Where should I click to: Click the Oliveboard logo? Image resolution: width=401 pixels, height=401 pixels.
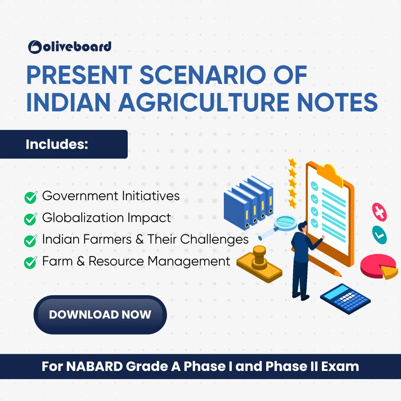[x=69, y=46]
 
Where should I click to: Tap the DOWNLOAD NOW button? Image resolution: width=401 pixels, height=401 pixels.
[x=100, y=314]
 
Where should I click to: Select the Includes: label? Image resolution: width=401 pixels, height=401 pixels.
[x=57, y=144]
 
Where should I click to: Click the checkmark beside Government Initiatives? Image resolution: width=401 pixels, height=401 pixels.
[x=31, y=197]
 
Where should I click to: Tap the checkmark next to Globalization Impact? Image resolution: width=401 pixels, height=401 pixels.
[x=31, y=219]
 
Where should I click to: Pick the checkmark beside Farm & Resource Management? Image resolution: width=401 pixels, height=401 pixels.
[x=31, y=263]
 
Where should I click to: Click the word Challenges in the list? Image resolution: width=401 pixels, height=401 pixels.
[x=214, y=239]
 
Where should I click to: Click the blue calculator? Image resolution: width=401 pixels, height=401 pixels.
[x=345, y=299]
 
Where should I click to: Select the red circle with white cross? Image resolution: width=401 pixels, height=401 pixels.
[x=379, y=212]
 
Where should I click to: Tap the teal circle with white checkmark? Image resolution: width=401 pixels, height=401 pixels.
[x=379, y=235]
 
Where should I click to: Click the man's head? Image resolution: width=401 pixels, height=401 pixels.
[x=303, y=227]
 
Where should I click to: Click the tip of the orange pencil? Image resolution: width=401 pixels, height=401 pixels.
[x=342, y=276]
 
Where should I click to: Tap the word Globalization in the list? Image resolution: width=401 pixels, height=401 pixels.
[x=84, y=218]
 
